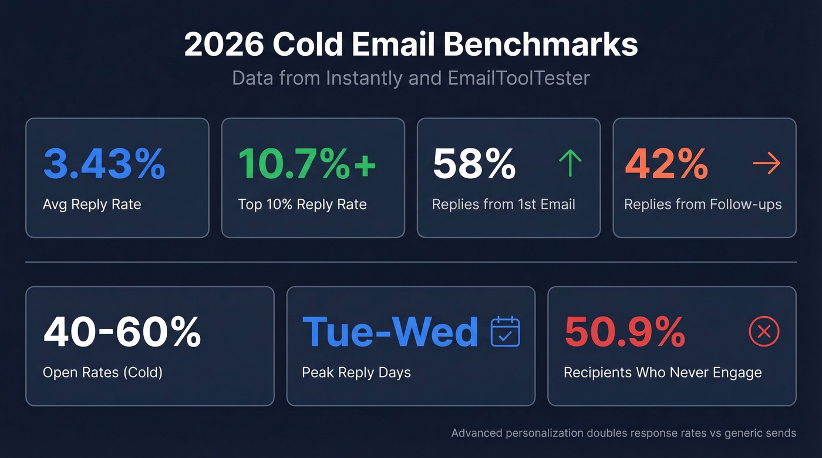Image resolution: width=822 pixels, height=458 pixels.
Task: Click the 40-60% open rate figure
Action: tap(122, 332)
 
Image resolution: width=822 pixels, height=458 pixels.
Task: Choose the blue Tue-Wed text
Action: tap(390, 332)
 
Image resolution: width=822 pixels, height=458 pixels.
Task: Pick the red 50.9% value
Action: tap(625, 332)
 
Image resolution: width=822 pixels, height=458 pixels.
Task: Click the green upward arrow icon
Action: tap(570, 164)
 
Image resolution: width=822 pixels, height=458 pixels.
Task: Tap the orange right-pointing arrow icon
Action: tap(766, 164)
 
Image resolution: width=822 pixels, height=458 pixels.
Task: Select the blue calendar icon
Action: tap(505, 331)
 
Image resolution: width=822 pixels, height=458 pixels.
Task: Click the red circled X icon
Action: tap(764, 332)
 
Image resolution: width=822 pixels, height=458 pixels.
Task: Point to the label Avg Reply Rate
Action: tap(92, 204)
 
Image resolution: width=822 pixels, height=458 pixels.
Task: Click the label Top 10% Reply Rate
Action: tap(302, 204)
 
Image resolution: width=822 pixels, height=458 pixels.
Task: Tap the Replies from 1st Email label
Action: tap(503, 204)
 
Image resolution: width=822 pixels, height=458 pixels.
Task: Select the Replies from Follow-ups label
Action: tap(703, 204)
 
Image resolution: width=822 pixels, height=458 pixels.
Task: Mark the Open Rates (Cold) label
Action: tap(103, 372)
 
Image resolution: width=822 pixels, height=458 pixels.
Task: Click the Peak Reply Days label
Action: tap(356, 372)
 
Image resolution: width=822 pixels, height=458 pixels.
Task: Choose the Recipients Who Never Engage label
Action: tap(662, 372)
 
